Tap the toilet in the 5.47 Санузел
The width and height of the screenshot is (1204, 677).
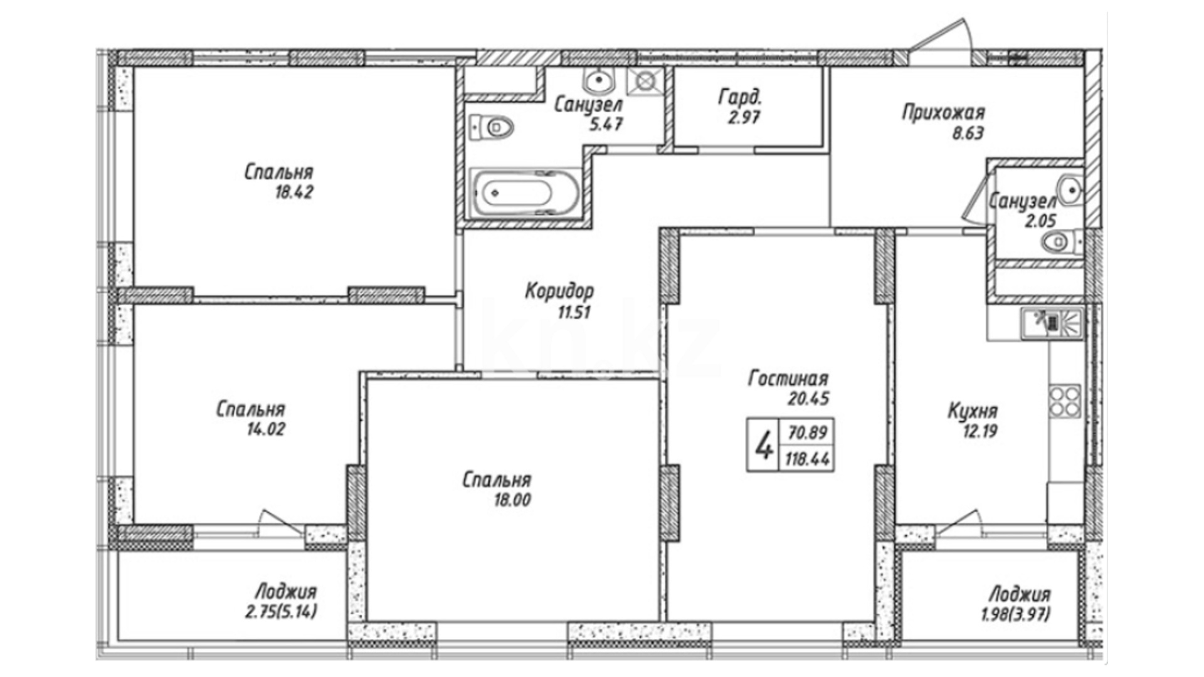tap(492, 128)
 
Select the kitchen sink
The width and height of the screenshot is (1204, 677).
tap(1052, 323)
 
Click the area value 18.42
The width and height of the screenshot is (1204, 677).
tap(294, 192)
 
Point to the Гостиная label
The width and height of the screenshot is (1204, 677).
tap(788, 379)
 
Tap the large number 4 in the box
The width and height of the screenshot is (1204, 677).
tap(763, 446)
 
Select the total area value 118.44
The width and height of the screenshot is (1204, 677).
tap(808, 459)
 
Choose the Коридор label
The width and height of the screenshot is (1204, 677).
tap(559, 291)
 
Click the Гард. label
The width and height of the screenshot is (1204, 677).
tap(740, 97)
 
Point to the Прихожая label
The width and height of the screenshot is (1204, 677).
tap(944, 113)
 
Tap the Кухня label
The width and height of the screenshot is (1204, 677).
tap(973, 412)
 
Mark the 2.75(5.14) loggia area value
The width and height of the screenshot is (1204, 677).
tap(281, 611)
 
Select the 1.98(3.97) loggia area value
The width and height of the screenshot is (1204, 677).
tap(1016, 614)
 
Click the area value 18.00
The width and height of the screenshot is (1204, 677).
tap(512, 500)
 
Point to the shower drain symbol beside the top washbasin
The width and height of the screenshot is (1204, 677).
tap(645, 81)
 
